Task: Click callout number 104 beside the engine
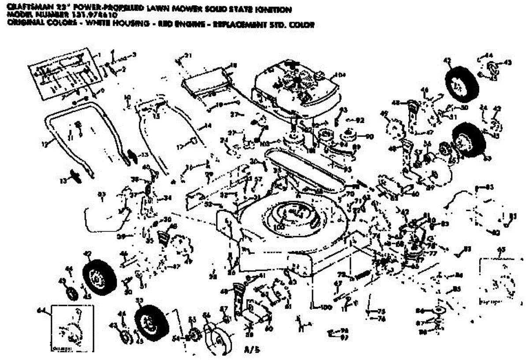340,74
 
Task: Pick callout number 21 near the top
189,56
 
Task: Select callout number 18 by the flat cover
233,65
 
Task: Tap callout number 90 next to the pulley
369,136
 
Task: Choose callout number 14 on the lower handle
208,126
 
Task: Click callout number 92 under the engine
360,119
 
